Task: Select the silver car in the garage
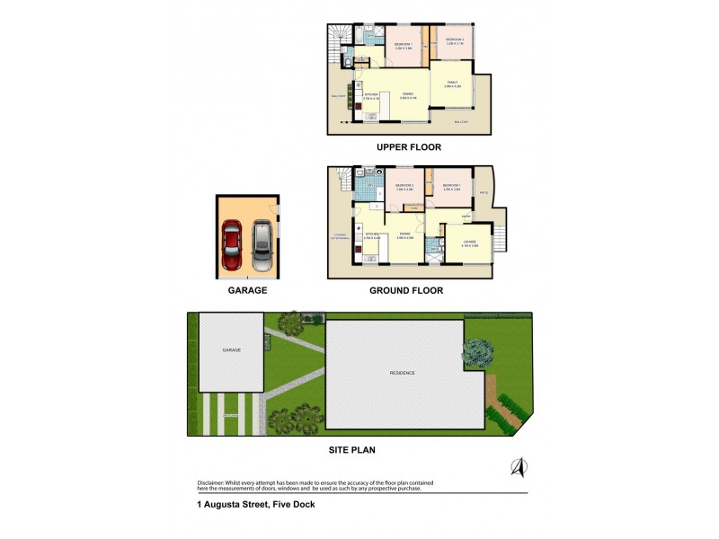[261, 245]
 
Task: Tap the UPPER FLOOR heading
[409, 146]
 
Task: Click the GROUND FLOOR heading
[406, 291]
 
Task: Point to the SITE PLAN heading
[351, 450]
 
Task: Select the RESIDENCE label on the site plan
[402, 373]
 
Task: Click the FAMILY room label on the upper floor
[452, 83]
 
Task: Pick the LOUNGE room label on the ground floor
[468, 242]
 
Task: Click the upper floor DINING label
[407, 94]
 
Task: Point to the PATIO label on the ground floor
[483, 190]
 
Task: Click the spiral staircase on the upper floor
[339, 37]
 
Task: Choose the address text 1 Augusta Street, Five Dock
[256, 505]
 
